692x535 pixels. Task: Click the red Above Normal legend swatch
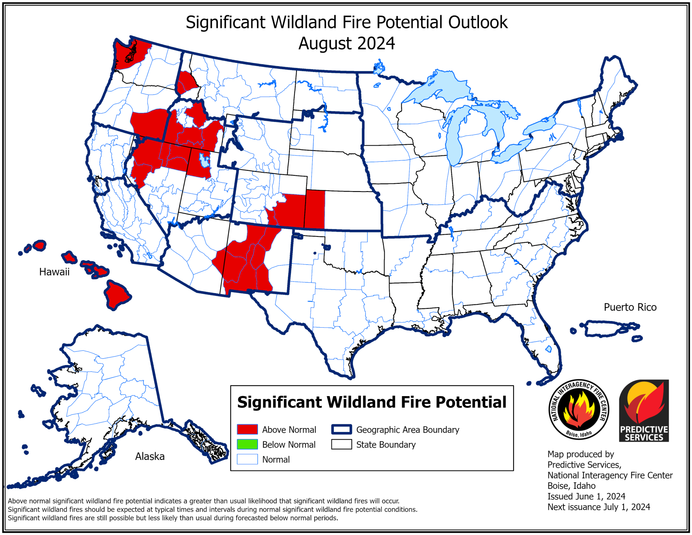[x=247, y=429]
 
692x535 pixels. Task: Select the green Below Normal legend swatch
[x=247, y=444]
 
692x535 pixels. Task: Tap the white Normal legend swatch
[x=247, y=459]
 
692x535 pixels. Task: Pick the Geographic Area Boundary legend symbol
[x=341, y=429]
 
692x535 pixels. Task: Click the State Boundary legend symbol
[x=341, y=444]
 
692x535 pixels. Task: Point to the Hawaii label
[x=54, y=272]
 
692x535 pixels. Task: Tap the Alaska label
[x=150, y=456]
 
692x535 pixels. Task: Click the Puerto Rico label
[x=630, y=307]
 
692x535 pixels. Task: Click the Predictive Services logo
[x=644, y=410]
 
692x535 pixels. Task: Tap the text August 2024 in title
[x=346, y=43]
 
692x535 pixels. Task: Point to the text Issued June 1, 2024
[x=586, y=496]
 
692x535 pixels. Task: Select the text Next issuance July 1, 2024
[x=598, y=507]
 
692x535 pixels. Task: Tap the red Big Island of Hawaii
[x=116, y=295]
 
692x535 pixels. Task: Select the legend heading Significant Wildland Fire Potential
[x=372, y=402]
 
